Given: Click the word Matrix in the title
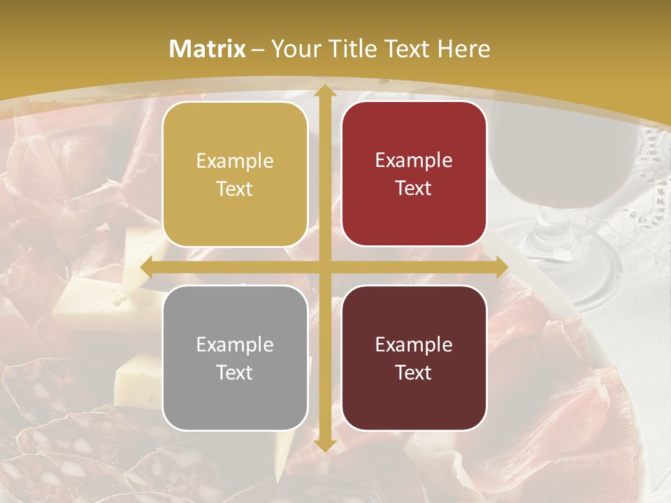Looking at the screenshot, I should pos(208,49).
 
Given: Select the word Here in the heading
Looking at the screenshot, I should pos(464,49).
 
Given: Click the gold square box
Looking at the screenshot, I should pos(235,175).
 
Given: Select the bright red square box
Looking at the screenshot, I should pos(414,174).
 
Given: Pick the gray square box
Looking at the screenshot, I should pos(235,358).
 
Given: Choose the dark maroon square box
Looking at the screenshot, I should pos(414,358).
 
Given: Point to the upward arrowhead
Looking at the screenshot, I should pos(324,92).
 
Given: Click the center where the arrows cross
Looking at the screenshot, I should pos(324,268).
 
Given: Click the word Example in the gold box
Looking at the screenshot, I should pos(235,161).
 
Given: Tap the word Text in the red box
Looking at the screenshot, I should pos(414,189).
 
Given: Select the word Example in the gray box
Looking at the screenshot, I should pos(235,345).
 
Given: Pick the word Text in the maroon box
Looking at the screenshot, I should pos(414,373).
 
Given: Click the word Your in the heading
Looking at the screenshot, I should pos(294,49).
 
